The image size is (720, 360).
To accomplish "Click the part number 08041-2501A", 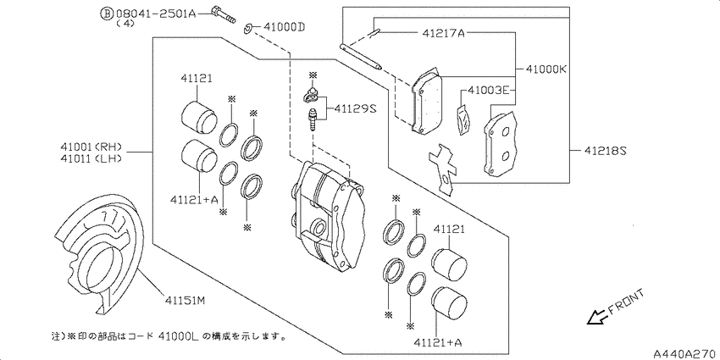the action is (x=156, y=14).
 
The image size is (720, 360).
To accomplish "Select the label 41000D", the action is (x=284, y=28).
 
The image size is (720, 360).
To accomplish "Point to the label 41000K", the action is (x=546, y=69).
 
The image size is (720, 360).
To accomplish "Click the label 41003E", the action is (x=489, y=90).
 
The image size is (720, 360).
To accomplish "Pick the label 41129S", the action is (x=355, y=108).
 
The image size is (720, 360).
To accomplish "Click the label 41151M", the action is (x=183, y=301).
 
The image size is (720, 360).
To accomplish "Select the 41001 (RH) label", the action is (x=91, y=147).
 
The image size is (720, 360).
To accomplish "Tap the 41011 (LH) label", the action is (x=91, y=158).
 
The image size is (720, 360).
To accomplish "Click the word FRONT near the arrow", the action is (x=627, y=302).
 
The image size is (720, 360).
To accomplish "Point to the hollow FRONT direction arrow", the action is (x=597, y=317).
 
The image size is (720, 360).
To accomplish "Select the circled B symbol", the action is (x=107, y=14).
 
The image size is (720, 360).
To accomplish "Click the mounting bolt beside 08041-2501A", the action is (x=223, y=14).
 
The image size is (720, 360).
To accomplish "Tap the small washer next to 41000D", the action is (x=248, y=29).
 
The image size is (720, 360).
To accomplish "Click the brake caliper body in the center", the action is (x=328, y=217).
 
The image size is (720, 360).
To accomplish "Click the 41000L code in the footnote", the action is (x=179, y=336).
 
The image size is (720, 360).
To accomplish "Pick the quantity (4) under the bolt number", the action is (x=125, y=24).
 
